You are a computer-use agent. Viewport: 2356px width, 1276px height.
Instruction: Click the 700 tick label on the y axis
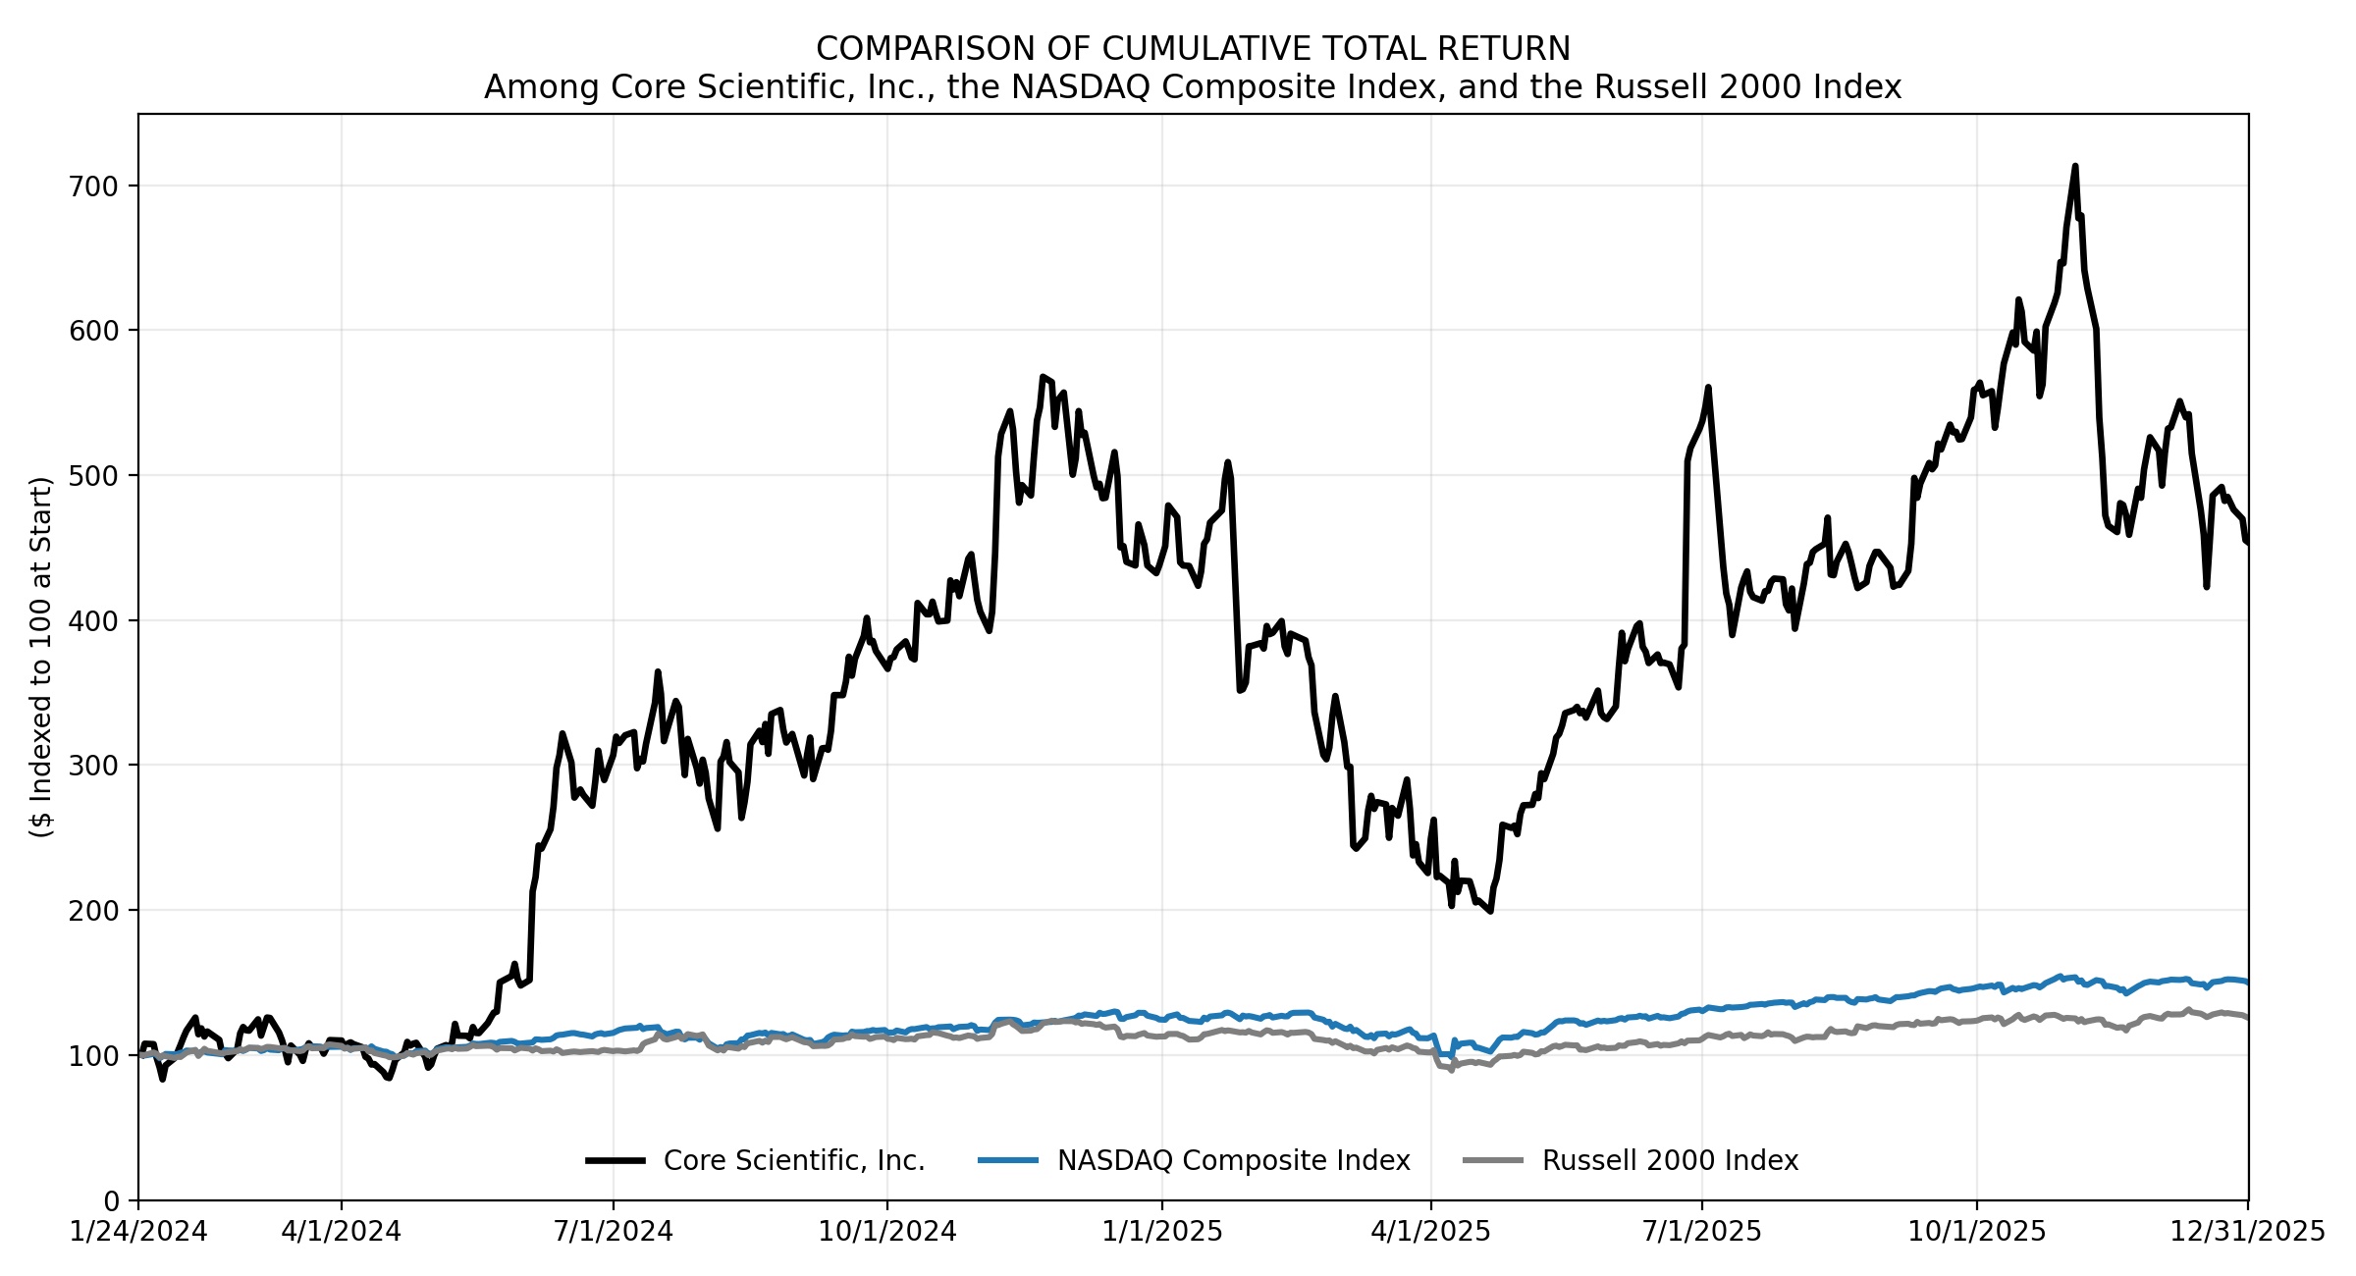click(x=92, y=186)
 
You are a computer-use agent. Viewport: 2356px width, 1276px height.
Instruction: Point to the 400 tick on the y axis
click(x=92, y=621)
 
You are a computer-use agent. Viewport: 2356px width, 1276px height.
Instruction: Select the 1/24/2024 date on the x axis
click(x=138, y=1231)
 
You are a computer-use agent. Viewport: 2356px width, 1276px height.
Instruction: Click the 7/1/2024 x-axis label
click(x=614, y=1231)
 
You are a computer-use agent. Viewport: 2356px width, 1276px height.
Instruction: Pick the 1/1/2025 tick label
click(x=1162, y=1231)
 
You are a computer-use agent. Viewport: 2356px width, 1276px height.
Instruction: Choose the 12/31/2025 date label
click(x=2247, y=1231)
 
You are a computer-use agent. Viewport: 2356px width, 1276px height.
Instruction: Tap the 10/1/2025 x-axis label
click(x=1976, y=1231)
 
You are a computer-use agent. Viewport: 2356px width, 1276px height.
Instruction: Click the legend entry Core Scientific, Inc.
click(x=794, y=1161)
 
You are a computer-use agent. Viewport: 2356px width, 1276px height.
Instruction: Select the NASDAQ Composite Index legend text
click(x=1233, y=1161)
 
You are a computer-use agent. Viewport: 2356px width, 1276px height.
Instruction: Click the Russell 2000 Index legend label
click(x=1670, y=1161)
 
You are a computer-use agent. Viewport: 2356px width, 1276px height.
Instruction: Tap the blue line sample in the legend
click(x=1008, y=1161)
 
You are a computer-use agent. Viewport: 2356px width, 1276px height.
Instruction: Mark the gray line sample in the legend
click(x=1493, y=1161)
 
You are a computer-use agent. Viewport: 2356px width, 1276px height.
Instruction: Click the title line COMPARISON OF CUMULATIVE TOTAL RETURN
click(x=1193, y=49)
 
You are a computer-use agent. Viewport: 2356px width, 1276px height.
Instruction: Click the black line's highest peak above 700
click(x=2075, y=167)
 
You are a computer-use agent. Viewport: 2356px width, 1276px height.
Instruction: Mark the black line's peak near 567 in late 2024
click(x=1043, y=377)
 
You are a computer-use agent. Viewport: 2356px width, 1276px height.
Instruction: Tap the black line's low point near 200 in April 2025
click(x=1490, y=911)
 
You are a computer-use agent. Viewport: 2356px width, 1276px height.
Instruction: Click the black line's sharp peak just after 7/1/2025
click(x=1708, y=388)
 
